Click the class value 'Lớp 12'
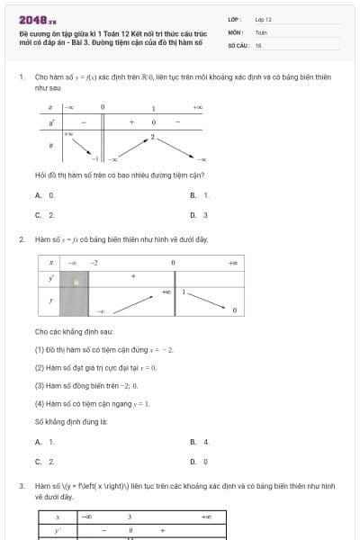click(x=264, y=19)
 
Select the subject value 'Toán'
click(x=261, y=31)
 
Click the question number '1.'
click(x=21, y=77)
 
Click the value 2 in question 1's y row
click(x=153, y=137)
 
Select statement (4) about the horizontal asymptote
click(x=92, y=403)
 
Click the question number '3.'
click(x=21, y=485)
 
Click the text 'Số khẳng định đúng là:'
click(x=71, y=421)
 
